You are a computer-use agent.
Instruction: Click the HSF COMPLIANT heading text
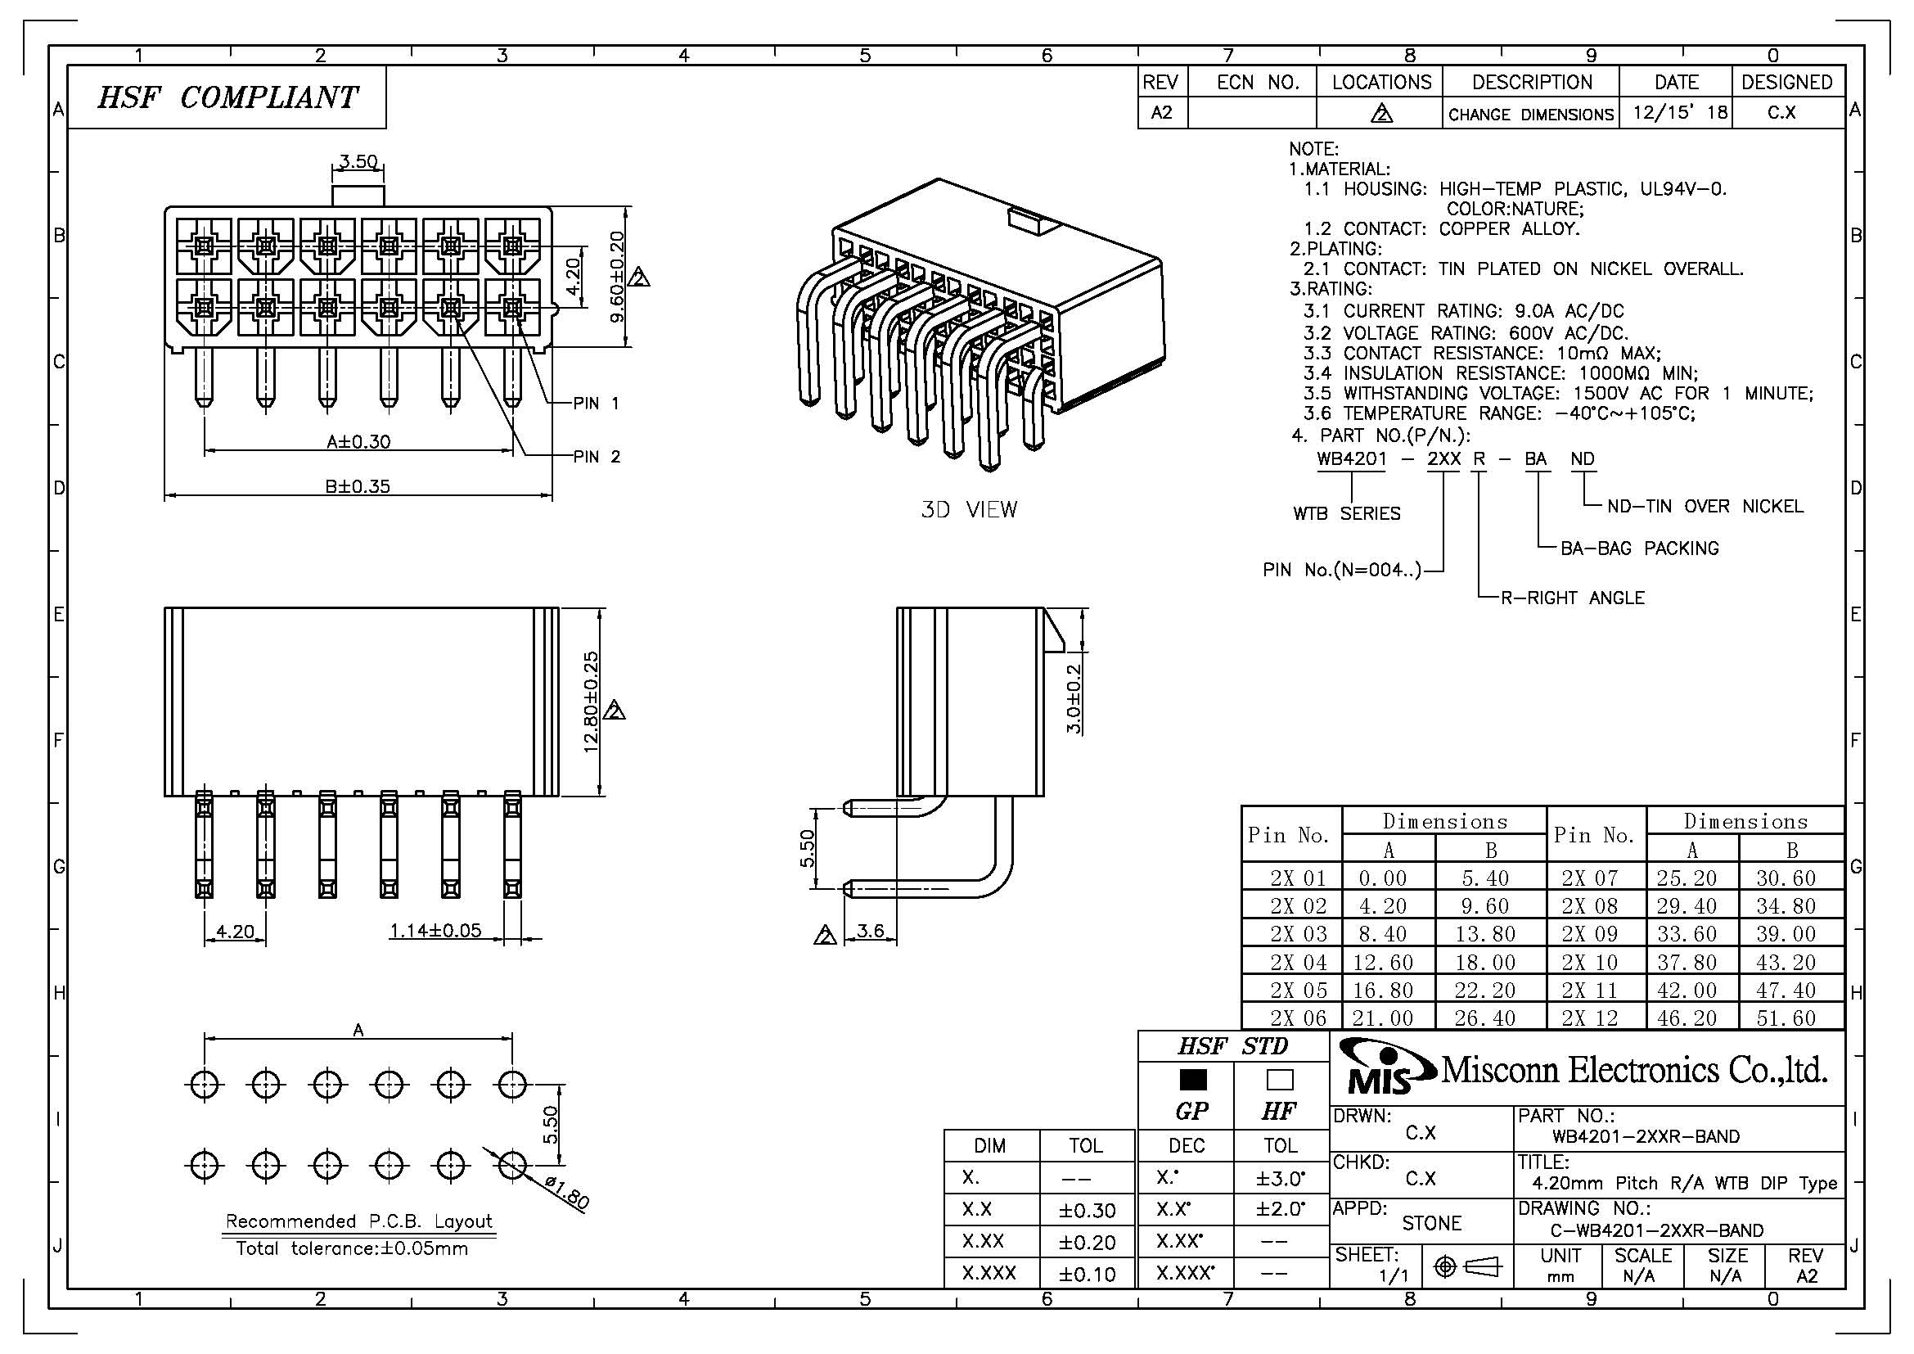227,97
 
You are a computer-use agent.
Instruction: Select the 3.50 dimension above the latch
358,161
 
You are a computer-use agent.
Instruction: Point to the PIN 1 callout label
596,404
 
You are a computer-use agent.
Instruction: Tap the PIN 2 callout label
596,457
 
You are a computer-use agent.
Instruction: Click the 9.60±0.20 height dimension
617,278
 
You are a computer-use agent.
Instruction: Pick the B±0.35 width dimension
358,485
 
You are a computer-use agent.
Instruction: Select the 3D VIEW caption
969,509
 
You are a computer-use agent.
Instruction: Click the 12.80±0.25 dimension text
592,702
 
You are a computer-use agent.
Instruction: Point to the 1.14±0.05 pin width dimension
436,931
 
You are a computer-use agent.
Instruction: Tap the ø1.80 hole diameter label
567,1192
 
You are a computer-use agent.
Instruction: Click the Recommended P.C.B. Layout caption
358,1221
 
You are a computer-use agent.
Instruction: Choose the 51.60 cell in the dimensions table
1786,1018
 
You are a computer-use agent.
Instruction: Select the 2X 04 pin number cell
1298,962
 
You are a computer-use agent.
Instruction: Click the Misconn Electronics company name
1634,1070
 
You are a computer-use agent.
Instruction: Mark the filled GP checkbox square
1193,1080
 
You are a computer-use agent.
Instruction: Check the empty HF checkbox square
1280,1080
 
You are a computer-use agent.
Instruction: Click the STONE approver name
1431,1223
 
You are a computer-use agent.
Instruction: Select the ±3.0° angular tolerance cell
1281,1178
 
